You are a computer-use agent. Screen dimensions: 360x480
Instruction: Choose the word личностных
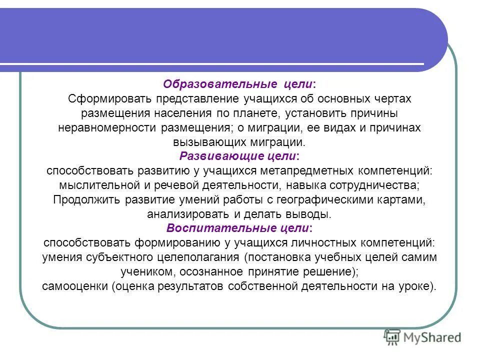pos(320,243)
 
